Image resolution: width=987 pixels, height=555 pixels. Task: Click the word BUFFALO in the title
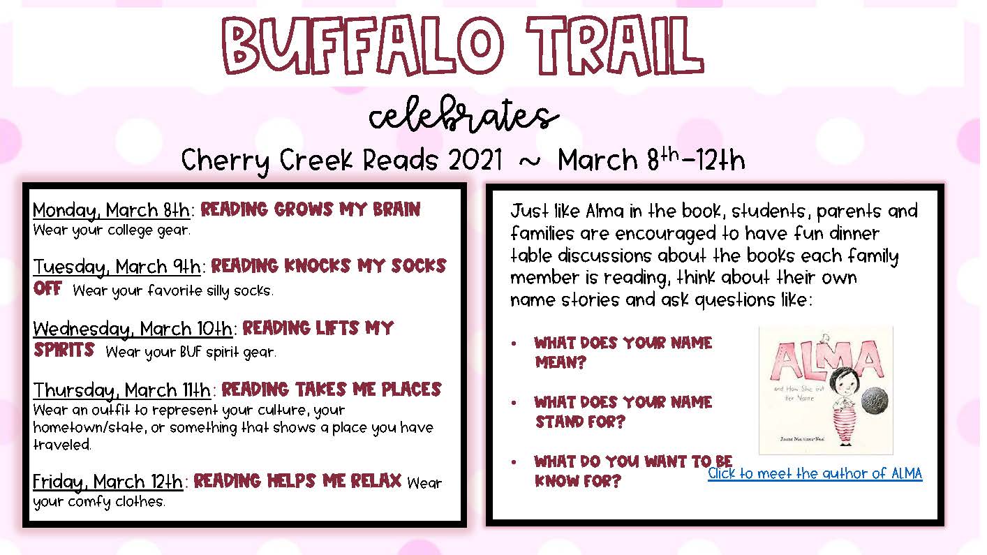coord(362,45)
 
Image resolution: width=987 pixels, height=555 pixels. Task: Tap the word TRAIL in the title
coord(615,45)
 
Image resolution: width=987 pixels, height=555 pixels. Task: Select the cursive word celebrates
coord(463,114)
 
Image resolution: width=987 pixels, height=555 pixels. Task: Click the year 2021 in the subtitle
coord(475,160)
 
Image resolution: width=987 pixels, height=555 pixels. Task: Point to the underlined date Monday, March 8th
coord(112,210)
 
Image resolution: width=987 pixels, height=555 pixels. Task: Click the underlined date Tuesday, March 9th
coord(117,267)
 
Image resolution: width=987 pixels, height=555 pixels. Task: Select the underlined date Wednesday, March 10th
coord(133,329)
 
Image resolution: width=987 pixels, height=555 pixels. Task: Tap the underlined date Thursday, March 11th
coord(122,390)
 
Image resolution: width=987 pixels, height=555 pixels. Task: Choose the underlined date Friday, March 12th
coord(108,482)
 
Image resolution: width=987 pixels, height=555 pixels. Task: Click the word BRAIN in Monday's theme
coord(396,209)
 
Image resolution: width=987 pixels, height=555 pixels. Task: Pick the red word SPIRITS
coord(64,350)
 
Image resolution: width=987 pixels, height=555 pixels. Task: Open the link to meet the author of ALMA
coord(815,473)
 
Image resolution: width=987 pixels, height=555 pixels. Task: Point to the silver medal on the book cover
coord(875,401)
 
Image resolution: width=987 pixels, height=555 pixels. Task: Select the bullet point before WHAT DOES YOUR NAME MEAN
coord(514,343)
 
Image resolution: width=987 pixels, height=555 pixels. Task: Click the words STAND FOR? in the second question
coord(580,422)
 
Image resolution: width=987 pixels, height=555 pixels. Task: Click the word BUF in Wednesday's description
coord(191,352)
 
